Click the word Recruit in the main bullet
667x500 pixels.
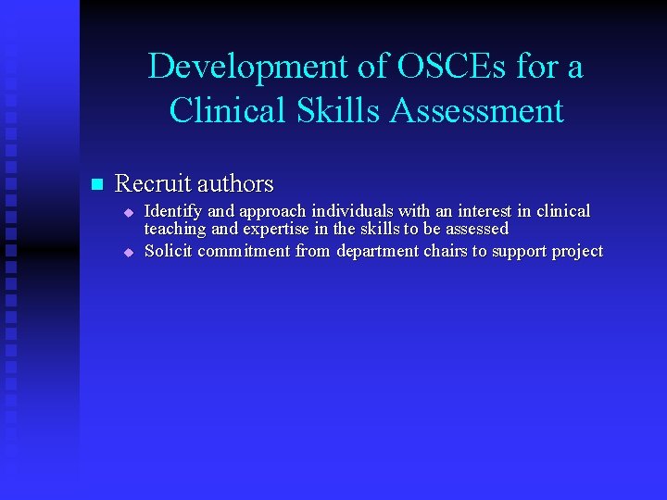click(151, 183)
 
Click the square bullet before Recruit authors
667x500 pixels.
click(94, 184)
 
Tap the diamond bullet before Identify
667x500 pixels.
click(130, 213)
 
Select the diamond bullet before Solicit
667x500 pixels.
click(130, 252)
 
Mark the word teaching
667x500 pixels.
click(176, 229)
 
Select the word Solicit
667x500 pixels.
click(168, 251)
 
